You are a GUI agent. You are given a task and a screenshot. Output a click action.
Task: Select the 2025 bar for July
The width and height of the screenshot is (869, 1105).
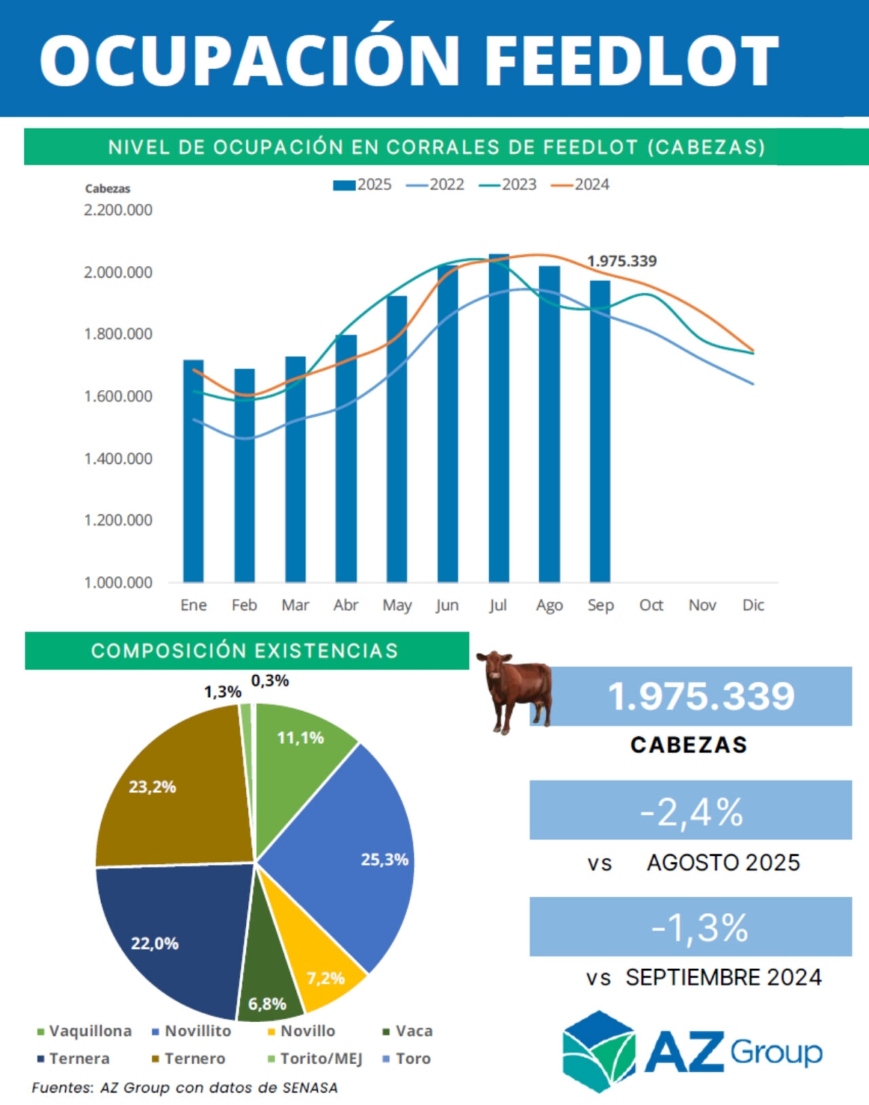point(498,421)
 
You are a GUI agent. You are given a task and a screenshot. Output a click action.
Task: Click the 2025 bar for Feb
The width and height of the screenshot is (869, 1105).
point(244,475)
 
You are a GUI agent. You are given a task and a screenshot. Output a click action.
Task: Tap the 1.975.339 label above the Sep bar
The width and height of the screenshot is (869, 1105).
point(621,261)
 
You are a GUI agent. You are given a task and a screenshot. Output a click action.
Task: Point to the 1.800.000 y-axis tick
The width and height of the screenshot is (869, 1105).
point(118,334)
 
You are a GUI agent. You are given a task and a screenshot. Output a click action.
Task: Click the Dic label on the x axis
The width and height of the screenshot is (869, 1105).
point(753,605)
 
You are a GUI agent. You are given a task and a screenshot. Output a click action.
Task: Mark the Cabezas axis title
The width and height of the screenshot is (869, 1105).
point(107,189)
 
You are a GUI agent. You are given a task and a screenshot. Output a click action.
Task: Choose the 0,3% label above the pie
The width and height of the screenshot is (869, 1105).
point(270,681)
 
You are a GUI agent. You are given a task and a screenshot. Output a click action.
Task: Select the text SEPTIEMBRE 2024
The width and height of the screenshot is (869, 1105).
point(723,977)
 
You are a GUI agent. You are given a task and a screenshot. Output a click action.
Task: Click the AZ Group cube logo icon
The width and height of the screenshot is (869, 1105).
point(598,1051)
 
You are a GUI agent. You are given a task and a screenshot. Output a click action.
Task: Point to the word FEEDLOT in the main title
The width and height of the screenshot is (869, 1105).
point(631,60)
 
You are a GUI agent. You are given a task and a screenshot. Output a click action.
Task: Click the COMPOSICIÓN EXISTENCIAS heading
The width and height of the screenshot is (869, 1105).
point(245,651)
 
